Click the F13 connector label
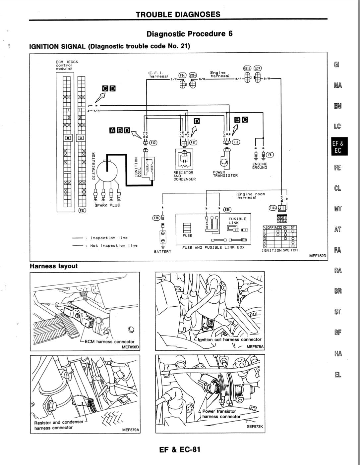(153, 143)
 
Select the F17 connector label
(193, 143)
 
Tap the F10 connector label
(236, 142)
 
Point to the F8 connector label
(270, 155)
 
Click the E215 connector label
(247, 69)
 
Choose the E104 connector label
(272, 208)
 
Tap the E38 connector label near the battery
(156, 218)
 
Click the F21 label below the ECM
(82, 210)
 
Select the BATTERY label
(163, 252)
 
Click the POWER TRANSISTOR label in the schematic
(225, 174)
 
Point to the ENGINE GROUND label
(260, 166)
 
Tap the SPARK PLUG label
(107, 205)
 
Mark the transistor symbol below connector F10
(225, 162)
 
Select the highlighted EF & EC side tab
(338, 147)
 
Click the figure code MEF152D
(318, 256)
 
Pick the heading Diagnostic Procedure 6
(189, 34)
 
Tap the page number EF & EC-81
(180, 449)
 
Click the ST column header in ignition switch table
(293, 227)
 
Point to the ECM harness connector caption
(109, 342)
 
